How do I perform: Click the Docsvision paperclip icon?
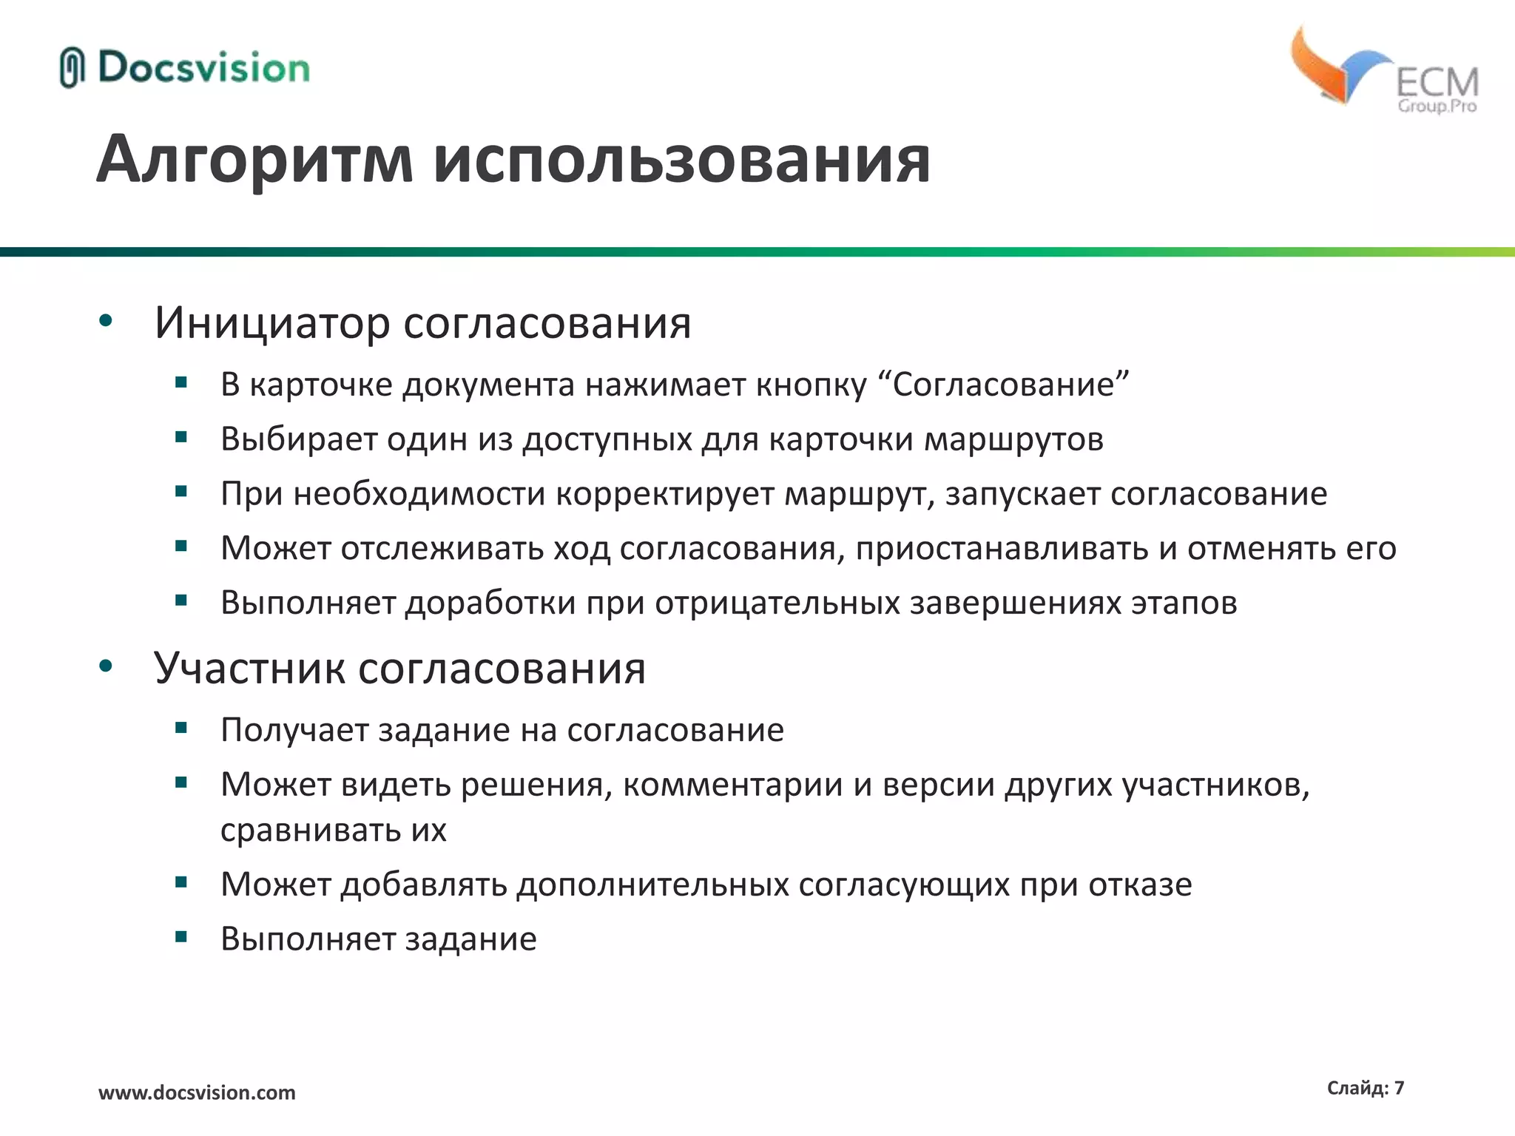pos(72,68)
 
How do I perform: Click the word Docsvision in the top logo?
pos(203,68)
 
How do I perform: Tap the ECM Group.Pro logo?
pos(1383,70)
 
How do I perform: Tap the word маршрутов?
pos(1014,439)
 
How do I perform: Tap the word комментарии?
pos(732,785)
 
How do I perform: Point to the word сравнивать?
pos(311,831)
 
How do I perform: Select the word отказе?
pos(1140,885)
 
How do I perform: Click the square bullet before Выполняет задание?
pos(181,937)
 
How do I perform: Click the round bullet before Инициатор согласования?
pos(106,321)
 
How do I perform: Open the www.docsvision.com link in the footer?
pos(197,1092)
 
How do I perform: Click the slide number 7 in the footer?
pos(1399,1088)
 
